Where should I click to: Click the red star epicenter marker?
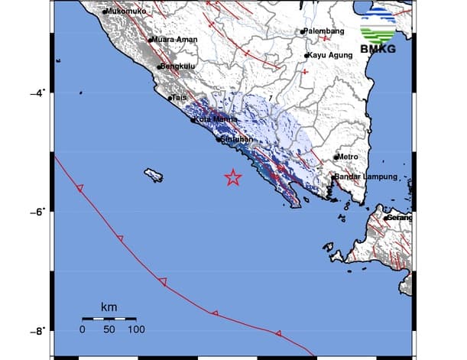[x=233, y=177]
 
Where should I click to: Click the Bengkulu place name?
[x=180, y=67]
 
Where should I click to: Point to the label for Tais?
[x=180, y=98]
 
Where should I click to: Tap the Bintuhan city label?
[x=237, y=140]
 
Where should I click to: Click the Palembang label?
[x=323, y=31]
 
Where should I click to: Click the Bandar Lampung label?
[x=367, y=177]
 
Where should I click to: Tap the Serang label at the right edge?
[x=399, y=218]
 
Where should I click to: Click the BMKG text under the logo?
[x=377, y=52]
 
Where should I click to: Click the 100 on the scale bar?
[x=135, y=329]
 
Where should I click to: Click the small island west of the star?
[x=154, y=176]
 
